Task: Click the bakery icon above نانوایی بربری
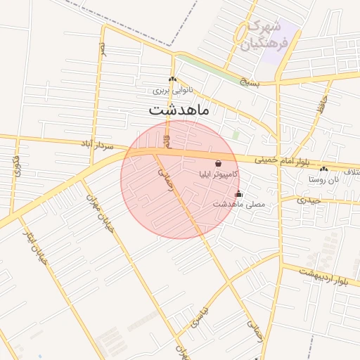(172, 79)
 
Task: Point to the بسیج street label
(248, 82)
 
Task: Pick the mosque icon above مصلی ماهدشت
(238, 194)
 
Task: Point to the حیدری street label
(309, 200)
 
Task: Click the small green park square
(236, 134)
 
